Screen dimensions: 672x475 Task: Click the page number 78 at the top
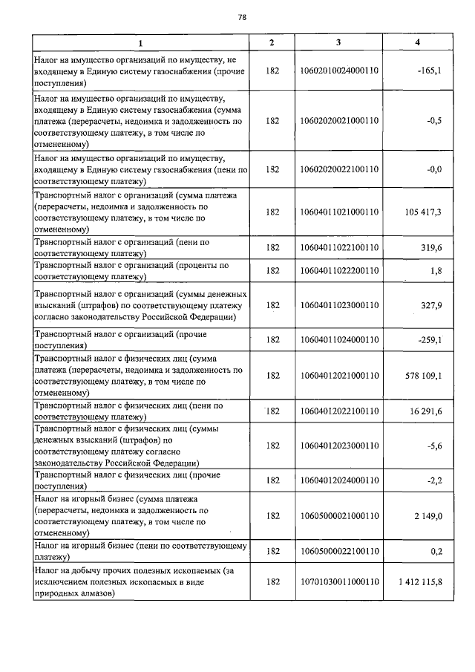pyautogui.click(x=242, y=18)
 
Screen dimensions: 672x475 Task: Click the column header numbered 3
pyautogui.click(x=338, y=42)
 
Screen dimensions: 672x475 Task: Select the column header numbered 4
pyautogui.click(x=418, y=42)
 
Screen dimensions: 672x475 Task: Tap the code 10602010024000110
pyautogui.click(x=338, y=71)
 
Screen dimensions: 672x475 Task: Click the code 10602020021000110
pyautogui.click(x=338, y=120)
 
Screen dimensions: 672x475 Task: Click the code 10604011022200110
pyautogui.click(x=338, y=271)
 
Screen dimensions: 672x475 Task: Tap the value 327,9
pyautogui.click(x=431, y=305)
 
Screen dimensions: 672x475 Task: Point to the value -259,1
pyautogui.click(x=430, y=339)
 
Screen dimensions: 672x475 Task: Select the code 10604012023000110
pyautogui.click(x=338, y=446)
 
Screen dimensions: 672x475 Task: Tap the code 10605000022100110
pyautogui.click(x=338, y=551)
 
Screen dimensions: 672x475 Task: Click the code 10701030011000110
pyautogui.click(x=338, y=581)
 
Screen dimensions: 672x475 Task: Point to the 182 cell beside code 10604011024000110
pyautogui.click(x=272, y=339)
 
